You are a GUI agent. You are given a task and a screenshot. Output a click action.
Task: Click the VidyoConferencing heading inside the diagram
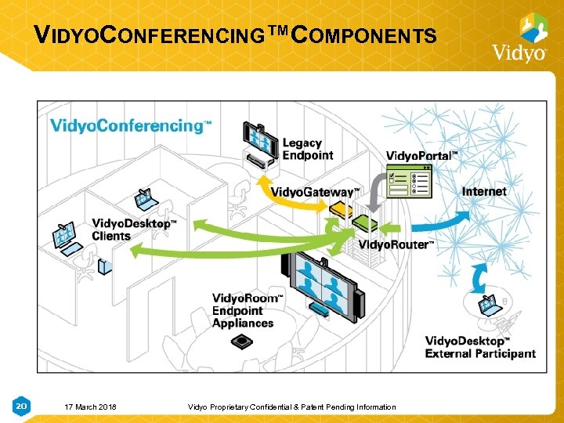(x=130, y=126)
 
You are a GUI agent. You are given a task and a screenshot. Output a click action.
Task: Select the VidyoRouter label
(x=396, y=245)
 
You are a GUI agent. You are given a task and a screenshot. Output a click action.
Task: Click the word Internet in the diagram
(x=484, y=191)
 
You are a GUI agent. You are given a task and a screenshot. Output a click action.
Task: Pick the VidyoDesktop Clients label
(x=133, y=230)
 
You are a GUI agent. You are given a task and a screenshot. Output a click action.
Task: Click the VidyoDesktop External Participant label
(x=479, y=347)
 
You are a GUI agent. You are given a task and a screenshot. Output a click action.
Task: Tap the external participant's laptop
(x=491, y=305)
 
